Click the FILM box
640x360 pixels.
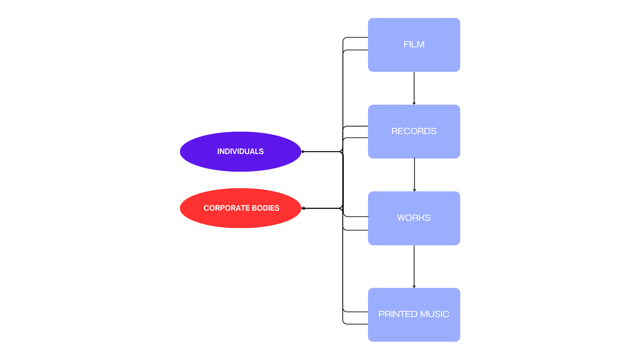414,45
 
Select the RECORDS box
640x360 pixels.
414,131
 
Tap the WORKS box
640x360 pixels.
414,218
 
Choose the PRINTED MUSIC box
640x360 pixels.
414,315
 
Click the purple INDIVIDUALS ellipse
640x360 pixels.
240,152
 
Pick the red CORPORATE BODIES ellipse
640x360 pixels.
240,208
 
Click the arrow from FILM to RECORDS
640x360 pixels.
414,88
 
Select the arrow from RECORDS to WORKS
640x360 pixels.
414,175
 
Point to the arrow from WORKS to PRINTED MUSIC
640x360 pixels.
414,267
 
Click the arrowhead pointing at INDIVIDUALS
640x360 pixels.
303,152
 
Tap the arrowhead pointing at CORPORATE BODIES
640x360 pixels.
303,208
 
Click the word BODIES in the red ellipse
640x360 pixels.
266,208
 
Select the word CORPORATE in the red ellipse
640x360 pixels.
227,208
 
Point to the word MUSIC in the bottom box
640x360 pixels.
435,314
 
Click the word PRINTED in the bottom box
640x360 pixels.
398,314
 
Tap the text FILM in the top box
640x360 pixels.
414,44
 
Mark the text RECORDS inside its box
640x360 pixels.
414,131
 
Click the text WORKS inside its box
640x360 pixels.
414,218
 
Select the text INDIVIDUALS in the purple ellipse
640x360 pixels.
240,151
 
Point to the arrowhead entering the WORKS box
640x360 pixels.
414,190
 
